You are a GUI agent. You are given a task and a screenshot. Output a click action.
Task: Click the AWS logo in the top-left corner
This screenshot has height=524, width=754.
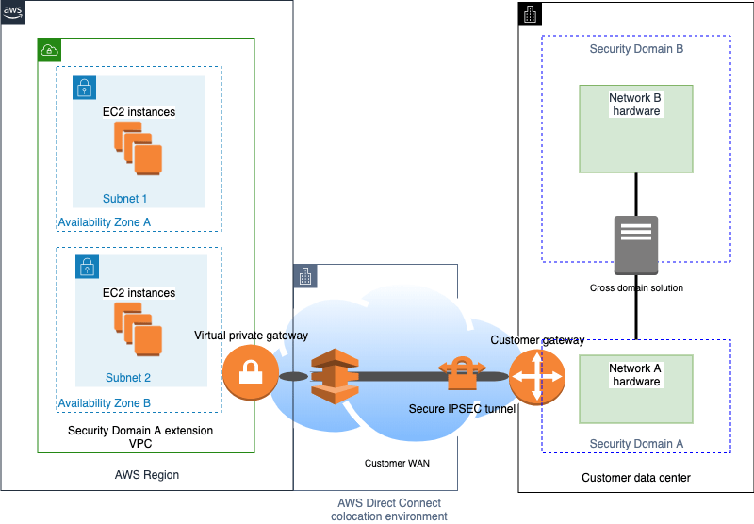tap(12, 12)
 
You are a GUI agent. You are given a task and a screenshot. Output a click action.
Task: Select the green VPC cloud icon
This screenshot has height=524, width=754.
tap(49, 50)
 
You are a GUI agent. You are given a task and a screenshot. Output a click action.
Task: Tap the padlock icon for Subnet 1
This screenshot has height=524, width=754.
tap(85, 88)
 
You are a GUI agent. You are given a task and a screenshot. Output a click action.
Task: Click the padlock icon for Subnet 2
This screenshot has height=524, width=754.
tap(85, 267)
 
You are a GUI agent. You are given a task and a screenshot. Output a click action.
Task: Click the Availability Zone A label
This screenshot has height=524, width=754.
tap(104, 222)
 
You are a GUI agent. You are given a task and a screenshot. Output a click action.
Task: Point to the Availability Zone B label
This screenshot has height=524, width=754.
tap(104, 403)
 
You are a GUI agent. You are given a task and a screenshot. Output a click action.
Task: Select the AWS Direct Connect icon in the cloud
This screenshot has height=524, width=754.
tap(330, 375)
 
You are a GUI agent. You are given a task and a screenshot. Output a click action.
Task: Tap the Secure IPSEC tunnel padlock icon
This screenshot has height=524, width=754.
tap(461, 374)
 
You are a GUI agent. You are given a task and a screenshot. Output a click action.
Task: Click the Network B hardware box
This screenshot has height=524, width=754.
tap(636, 129)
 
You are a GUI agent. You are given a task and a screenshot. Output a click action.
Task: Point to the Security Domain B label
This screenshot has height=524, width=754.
tap(636, 49)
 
